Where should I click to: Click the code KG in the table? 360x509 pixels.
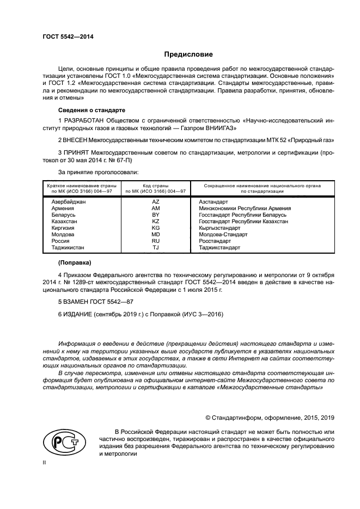point(155,229)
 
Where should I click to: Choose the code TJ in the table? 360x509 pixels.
point(155,248)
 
